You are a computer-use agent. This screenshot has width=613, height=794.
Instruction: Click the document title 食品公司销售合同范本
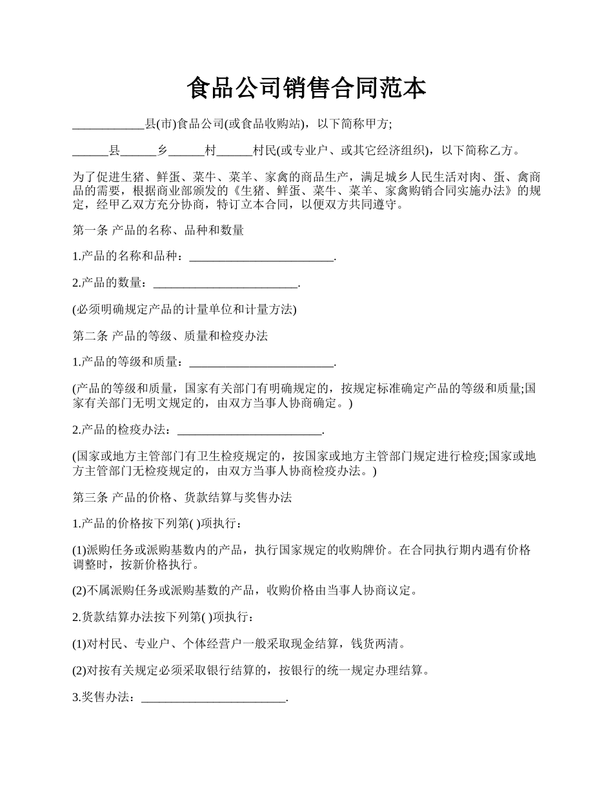[x=306, y=88]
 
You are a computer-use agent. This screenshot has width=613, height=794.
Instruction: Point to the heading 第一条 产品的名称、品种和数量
[x=158, y=230]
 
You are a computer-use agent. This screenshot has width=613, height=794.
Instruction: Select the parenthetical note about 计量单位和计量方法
[x=185, y=310]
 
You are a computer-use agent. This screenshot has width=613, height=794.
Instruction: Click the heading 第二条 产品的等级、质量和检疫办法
[x=170, y=336]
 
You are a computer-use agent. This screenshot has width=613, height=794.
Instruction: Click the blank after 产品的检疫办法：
[x=248, y=431]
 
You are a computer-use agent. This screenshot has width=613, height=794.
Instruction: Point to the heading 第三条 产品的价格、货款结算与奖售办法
[x=182, y=498]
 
